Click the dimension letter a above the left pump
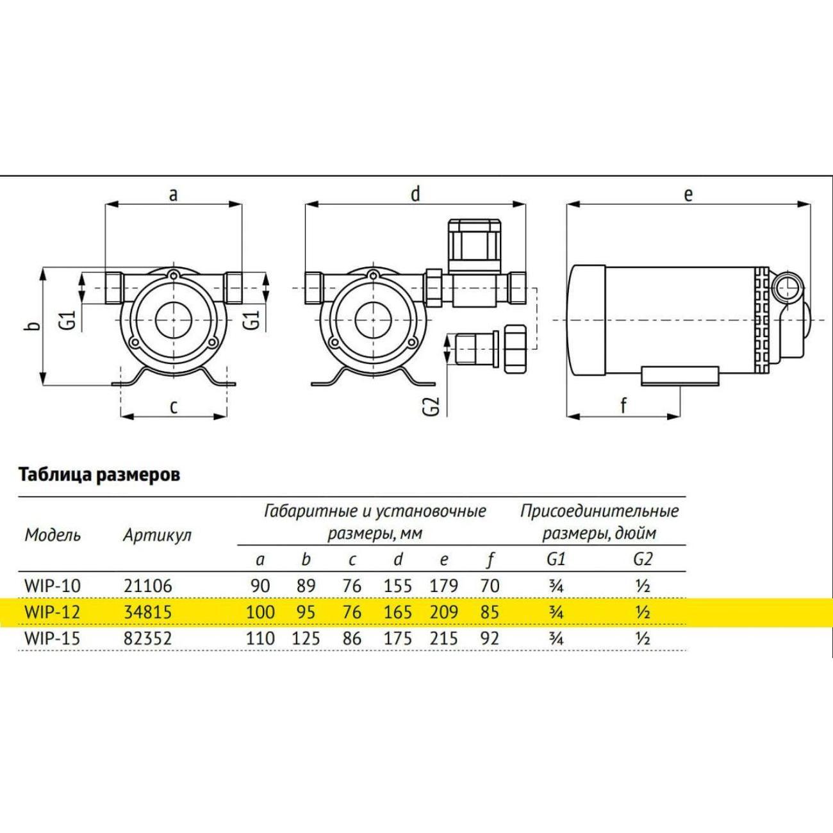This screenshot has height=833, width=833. pos(173,195)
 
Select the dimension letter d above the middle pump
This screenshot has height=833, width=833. pos(415,194)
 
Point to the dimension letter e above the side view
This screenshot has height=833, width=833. pos(688,195)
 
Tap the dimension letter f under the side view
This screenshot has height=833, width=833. pos(623,406)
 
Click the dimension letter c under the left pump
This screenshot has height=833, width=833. pos(174,407)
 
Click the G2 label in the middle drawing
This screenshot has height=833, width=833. pos(434,406)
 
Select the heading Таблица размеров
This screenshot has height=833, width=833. pos(99,475)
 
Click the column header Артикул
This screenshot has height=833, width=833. pos(158,536)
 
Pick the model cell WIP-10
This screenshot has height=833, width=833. pos(53,586)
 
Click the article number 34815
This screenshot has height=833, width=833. pos(148,612)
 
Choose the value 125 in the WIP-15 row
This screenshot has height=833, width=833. pos(306,638)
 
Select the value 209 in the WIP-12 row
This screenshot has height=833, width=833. pos(444,612)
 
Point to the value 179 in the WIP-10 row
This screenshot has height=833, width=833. pos(444,586)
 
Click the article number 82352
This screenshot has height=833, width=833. pos(148,638)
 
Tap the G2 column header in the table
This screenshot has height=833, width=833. pos(642,560)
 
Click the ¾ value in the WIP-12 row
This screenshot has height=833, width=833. pos(557,613)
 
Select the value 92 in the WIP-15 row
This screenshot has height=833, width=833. pos(490,638)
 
